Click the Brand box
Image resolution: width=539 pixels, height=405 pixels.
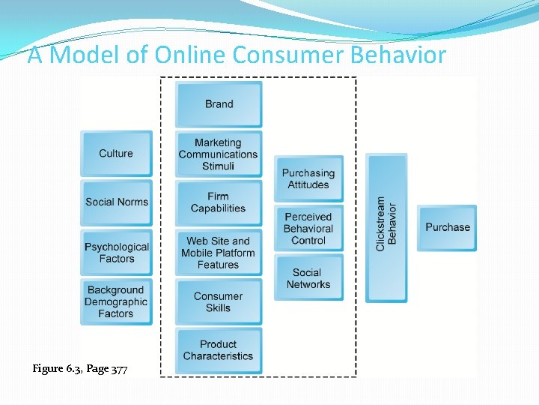coord(219,104)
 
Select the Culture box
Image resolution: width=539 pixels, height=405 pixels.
coord(116,154)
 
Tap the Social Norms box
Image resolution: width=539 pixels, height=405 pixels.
coord(116,202)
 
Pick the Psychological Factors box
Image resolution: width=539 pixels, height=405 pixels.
coord(116,253)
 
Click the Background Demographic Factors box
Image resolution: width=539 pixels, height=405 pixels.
coord(116,302)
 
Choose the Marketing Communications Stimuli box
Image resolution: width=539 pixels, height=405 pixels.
coord(219,154)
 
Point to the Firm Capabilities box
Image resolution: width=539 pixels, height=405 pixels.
coord(219,202)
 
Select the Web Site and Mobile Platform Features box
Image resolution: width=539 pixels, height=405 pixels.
coord(219,253)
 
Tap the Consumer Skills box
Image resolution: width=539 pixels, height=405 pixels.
coord(219,302)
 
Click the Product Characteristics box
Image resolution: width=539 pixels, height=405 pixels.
coord(219,350)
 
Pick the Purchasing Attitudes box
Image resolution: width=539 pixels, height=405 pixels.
coord(308,178)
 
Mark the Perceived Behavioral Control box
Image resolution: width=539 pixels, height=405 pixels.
coord(308,229)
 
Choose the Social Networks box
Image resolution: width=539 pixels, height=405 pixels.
coord(308,278)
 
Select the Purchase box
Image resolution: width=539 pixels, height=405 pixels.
coord(448,227)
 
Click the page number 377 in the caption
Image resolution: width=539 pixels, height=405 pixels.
coord(119,369)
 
